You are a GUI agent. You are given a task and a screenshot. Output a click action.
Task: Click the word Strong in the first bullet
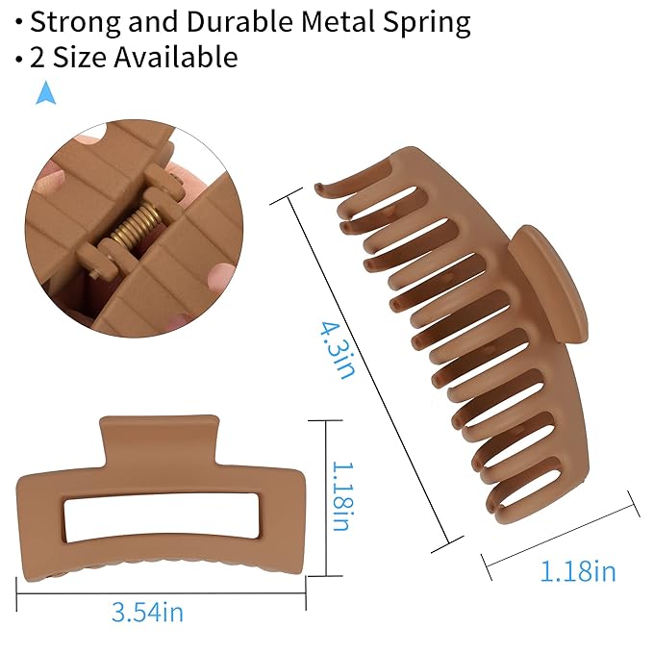[x=75, y=23]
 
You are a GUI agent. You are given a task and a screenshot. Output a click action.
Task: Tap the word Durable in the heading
[x=239, y=21]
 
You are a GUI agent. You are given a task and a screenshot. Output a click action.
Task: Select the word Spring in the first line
[x=427, y=23]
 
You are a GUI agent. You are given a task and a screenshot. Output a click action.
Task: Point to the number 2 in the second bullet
[x=38, y=57]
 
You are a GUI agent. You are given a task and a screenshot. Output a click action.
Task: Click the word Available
[x=176, y=56]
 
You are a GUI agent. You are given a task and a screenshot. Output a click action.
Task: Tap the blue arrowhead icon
[x=46, y=92]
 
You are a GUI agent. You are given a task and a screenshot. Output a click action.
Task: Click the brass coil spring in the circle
[x=136, y=226]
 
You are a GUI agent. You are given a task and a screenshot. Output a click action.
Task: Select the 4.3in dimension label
[x=338, y=350]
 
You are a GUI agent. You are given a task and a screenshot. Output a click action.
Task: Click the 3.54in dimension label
[x=147, y=613]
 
